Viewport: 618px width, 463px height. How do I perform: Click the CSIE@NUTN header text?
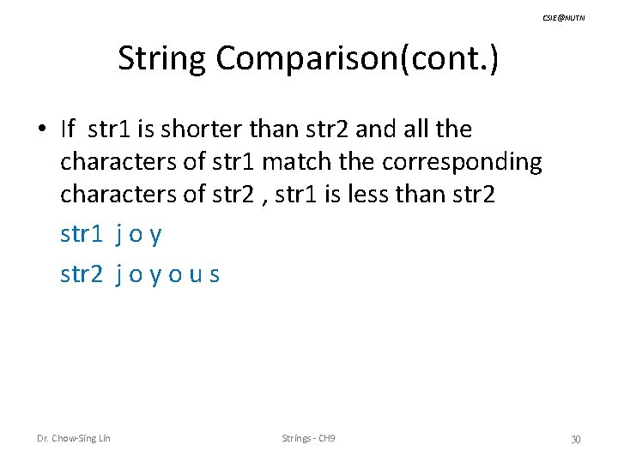(x=564, y=18)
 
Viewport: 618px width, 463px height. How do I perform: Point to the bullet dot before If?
(x=41, y=130)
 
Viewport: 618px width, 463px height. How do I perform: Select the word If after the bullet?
(x=69, y=129)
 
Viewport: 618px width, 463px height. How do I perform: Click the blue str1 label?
(x=82, y=234)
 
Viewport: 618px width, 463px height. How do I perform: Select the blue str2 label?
(x=82, y=274)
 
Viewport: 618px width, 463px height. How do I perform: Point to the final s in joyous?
(x=215, y=275)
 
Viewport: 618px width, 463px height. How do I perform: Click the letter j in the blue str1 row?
(x=117, y=235)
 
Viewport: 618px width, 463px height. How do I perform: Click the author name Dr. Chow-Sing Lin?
(x=74, y=439)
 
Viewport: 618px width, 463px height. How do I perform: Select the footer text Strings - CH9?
(x=308, y=439)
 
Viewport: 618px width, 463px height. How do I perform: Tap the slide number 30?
(x=576, y=440)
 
